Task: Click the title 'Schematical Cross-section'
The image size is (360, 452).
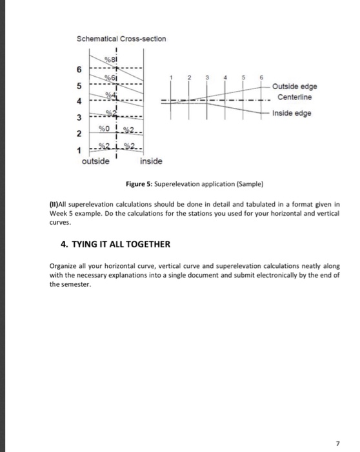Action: point(121,39)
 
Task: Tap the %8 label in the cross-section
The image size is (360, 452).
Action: point(112,61)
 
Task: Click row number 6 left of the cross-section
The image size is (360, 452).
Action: point(80,70)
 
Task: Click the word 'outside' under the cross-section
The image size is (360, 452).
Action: point(95,160)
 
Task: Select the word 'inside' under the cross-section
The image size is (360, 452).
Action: point(151,160)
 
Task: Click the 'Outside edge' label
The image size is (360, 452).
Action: point(295,87)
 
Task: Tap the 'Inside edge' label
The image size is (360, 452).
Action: point(292,113)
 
